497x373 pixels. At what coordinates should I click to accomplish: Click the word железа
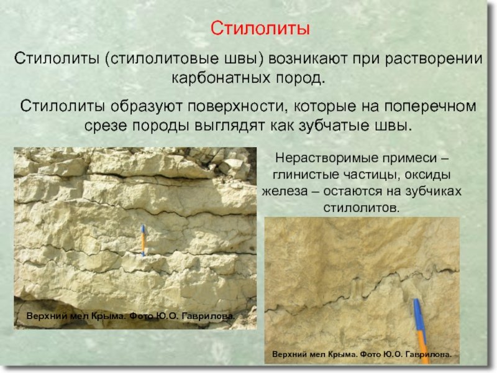[288, 191]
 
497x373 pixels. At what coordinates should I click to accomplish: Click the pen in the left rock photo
[142, 240]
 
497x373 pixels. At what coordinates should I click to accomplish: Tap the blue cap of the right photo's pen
[418, 315]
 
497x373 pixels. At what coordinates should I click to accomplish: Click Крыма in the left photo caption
[107, 316]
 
